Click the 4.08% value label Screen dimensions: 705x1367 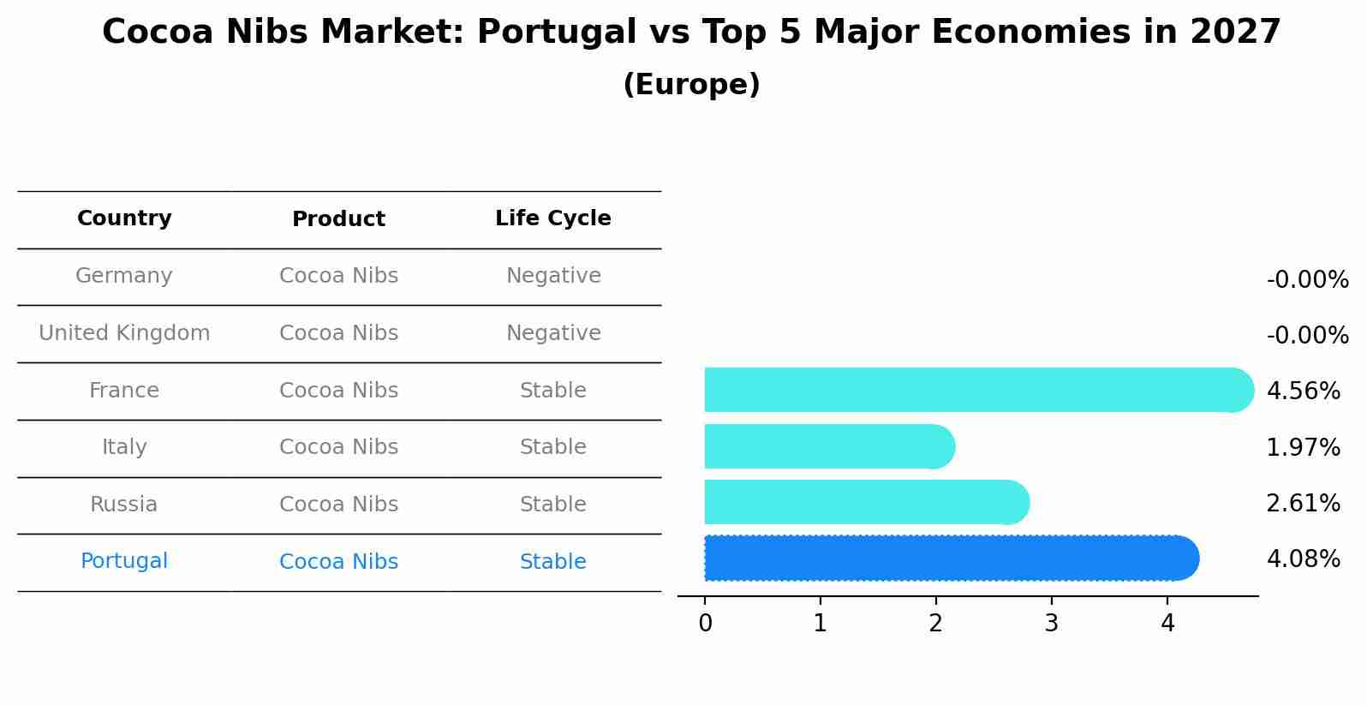coord(1303,559)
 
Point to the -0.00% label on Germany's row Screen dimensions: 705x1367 coord(1307,280)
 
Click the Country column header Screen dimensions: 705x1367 coord(124,218)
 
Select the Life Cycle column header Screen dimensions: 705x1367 coord(553,218)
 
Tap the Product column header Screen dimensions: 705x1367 coord(338,219)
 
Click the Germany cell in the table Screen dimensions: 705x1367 coord(124,276)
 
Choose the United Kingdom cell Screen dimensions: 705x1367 coord(124,333)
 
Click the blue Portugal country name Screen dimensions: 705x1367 coord(124,561)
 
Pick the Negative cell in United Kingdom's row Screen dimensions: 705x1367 coord(553,333)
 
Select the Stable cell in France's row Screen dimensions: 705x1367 coord(553,391)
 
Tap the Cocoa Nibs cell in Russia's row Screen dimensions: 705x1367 coord(338,505)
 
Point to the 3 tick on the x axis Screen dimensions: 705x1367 coord(1051,624)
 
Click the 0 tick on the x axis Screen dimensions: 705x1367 coord(705,624)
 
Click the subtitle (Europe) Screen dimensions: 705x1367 coord(691,85)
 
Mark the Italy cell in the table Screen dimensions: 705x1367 coord(124,447)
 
